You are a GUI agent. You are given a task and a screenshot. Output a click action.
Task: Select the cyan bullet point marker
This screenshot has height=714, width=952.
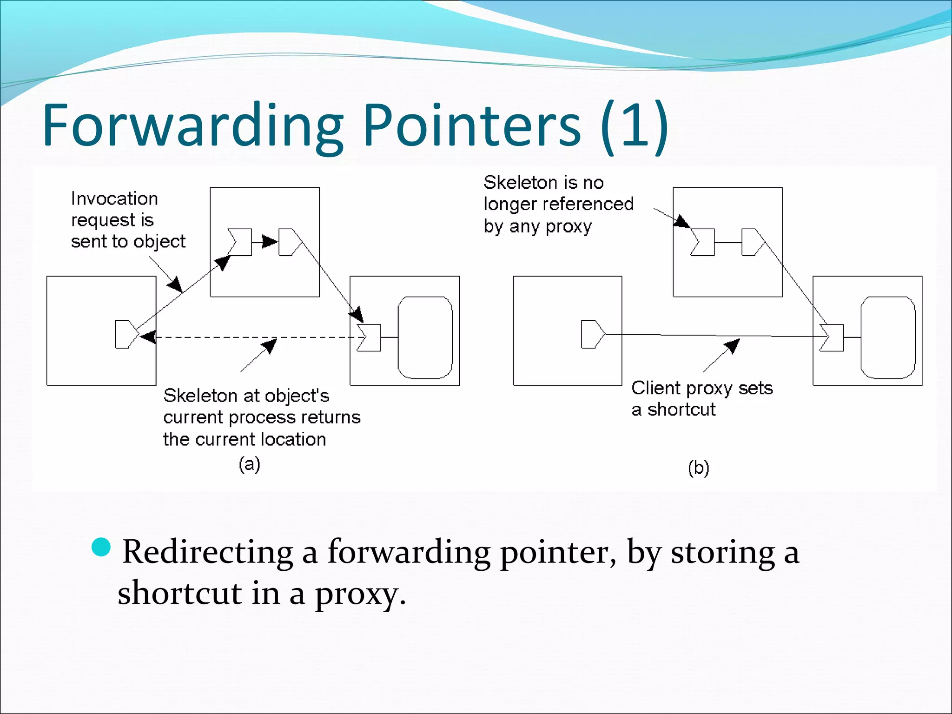click(x=101, y=547)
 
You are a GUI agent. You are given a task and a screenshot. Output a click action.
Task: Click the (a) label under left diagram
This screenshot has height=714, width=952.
click(x=249, y=464)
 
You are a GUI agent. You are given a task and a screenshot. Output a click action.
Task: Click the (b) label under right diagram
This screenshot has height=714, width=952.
click(x=698, y=468)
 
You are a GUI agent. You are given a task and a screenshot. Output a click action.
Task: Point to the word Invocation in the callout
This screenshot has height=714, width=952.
click(x=114, y=199)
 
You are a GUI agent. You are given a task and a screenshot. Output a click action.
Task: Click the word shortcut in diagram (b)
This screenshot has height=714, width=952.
click(x=681, y=410)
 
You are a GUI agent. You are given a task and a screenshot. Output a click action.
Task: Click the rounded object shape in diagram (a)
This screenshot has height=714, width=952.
click(x=425, y=337)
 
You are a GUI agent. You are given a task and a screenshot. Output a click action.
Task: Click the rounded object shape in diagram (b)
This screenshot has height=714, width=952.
click(x=887, y=337)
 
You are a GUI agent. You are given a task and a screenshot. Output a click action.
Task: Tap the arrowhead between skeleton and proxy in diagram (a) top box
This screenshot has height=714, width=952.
click(x=270, y=242)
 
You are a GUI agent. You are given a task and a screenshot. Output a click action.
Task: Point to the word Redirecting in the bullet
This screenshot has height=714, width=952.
click(x=207, y=552)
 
